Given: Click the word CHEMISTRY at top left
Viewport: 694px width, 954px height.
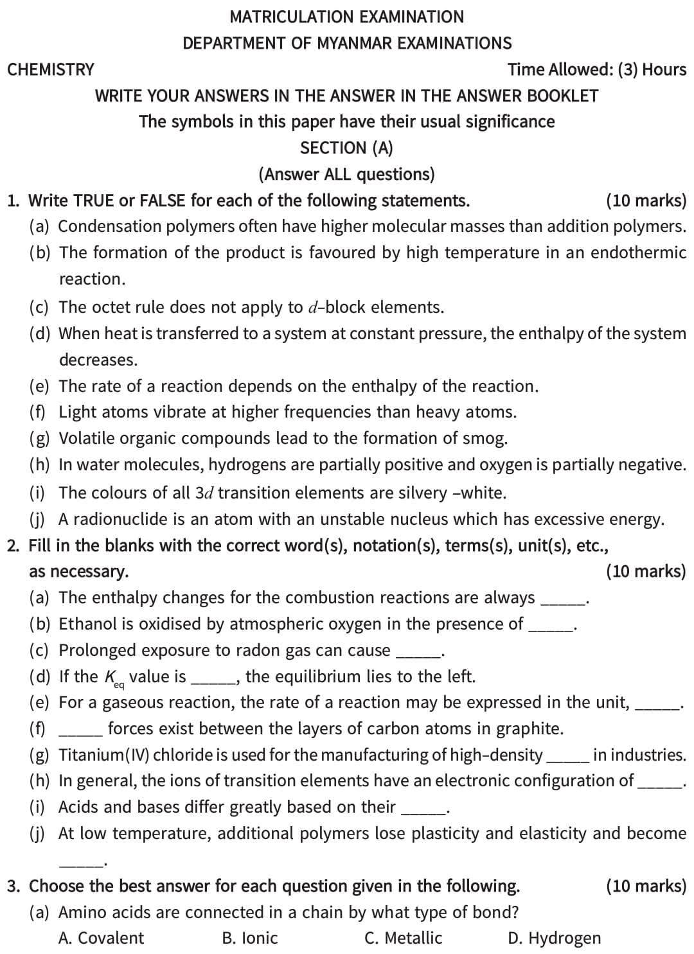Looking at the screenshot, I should click(x=51, y=69).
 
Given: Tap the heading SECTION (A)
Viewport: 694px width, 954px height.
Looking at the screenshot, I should click(x=346, y=148).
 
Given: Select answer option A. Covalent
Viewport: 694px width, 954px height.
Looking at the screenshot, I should click(x=101, y=938).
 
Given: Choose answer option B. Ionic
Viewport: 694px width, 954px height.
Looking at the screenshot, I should click(x=250, y=938).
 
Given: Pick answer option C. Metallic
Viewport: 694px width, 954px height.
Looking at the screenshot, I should click(x=403, y=938).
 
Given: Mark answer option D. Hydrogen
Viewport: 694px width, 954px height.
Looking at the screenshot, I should click(x=554, y=938).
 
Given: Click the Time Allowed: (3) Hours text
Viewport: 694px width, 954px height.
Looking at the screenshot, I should click(x=597, y=69).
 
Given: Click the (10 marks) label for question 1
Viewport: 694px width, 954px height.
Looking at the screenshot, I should click(x=646, y=200).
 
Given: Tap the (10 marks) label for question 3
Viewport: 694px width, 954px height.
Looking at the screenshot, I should click(x=646, y=886).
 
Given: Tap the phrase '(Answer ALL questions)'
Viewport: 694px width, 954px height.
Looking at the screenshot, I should click(x=346, y=174).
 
